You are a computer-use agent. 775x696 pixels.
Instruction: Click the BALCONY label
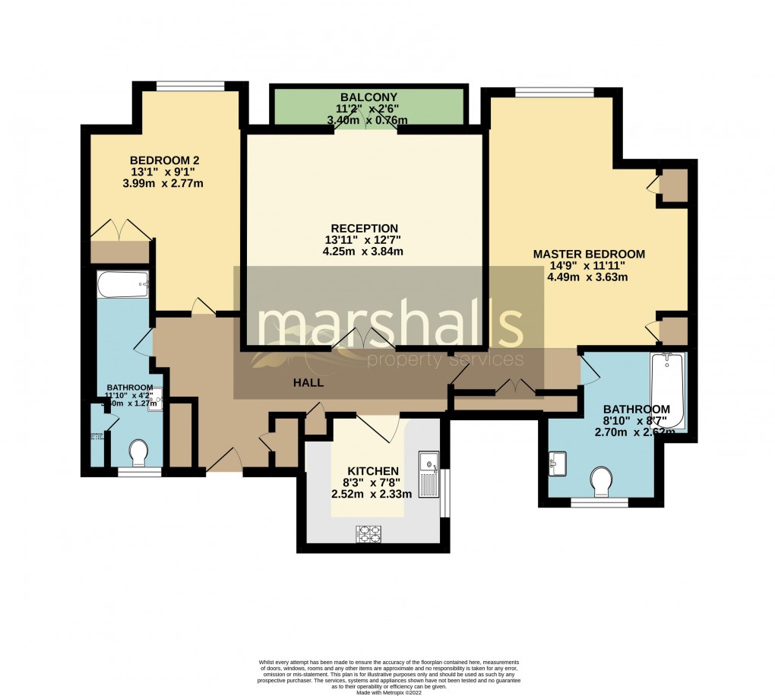tap(369, 97)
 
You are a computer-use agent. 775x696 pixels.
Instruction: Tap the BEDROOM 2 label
tap(165, 160)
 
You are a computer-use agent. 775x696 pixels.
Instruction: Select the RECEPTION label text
tap(364, 228)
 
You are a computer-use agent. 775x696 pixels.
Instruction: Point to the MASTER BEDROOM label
tap(589, 255)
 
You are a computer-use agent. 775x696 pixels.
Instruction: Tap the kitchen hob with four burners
tap(369, 535)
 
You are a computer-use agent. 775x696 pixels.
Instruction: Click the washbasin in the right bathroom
tap(558, 462)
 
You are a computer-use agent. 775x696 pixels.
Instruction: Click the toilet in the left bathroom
tap(138, 454)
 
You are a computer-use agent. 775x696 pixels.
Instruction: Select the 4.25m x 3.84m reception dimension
tap(363, 252)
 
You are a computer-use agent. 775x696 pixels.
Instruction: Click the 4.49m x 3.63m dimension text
tap(587, 277)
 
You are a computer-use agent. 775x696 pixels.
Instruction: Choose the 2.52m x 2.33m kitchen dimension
tap(372, 494)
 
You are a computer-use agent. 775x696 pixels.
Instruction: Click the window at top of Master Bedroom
tap(553, 92)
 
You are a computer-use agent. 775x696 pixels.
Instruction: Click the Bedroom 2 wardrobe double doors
tap(121, 229)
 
